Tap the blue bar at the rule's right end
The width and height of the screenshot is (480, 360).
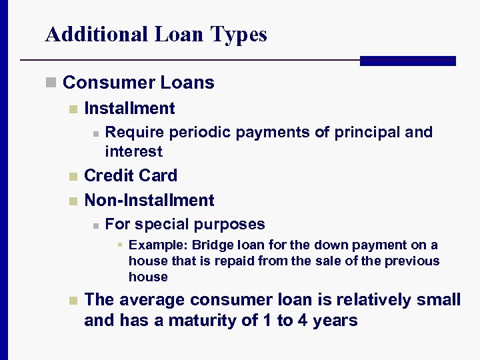tap(407, 61)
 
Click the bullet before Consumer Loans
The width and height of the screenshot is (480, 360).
tap(50, 83)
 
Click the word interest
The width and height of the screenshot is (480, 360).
tap(133, 151)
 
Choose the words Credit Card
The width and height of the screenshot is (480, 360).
tap(131, 176)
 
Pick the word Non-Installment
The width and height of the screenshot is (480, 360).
tap(149, 201)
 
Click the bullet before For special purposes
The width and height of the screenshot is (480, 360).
tap(96, 225)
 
